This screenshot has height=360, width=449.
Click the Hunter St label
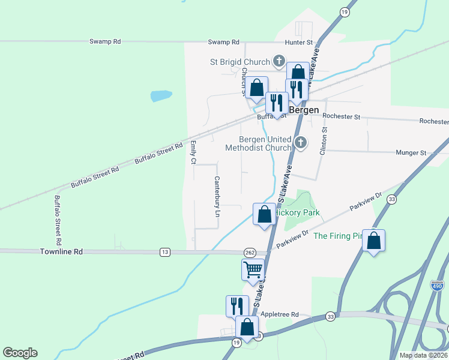(299, 42)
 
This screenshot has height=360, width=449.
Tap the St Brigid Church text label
(240, 61)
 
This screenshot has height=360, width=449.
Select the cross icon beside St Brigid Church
(279, 61)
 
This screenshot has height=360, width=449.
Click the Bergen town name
(304, 110)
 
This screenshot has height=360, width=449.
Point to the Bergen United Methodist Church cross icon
(301, 143)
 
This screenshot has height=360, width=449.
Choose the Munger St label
(411, 153)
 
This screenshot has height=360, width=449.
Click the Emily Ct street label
(193, 152)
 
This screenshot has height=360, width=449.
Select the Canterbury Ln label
(217, 196)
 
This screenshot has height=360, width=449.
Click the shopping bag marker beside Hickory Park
(264, 214)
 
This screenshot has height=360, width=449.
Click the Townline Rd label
(61, 252)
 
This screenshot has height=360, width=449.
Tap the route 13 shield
(164, 252)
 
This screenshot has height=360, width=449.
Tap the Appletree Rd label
(285, 314)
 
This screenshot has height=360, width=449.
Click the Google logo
(20, 353)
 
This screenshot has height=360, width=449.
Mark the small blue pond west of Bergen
(160, 95)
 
